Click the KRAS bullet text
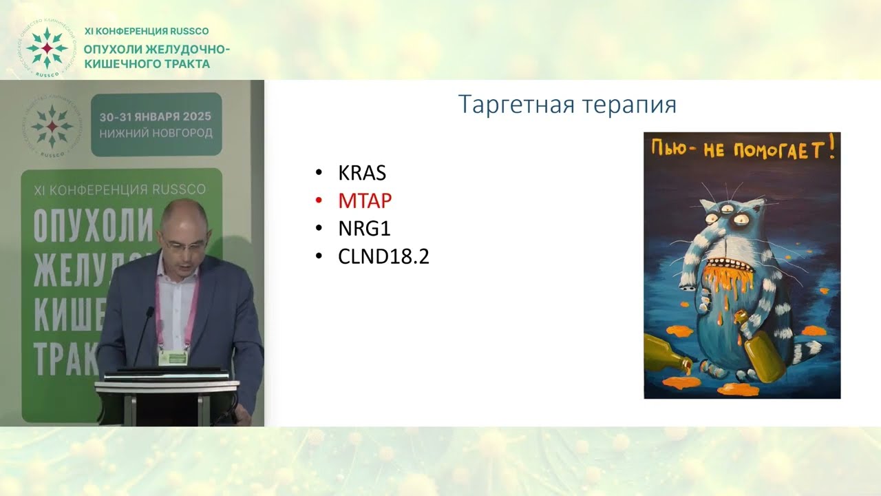362,172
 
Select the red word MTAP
365,200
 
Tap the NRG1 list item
364,228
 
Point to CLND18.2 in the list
383,256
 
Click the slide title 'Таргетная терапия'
567,104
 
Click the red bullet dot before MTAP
318,201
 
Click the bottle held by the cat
764,351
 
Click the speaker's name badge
173,358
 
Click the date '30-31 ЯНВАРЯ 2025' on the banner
156,116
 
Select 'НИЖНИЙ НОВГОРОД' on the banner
156,133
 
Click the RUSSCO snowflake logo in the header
46,48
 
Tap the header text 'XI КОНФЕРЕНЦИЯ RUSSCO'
147,31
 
